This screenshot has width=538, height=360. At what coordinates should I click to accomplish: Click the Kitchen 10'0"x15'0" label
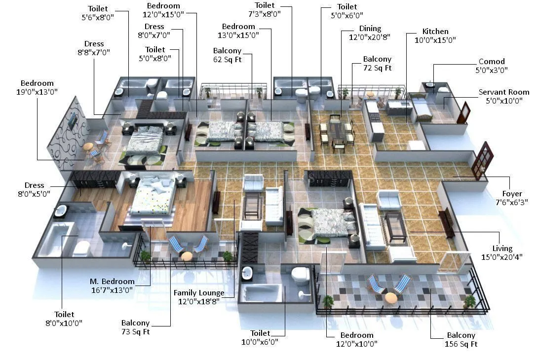pos(435,36)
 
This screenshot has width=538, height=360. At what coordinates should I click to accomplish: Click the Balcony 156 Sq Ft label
pos(461,339)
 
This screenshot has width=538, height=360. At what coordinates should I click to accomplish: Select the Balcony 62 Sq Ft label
pos(227,55)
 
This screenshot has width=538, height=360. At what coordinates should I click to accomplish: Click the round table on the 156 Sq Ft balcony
pos(390,297)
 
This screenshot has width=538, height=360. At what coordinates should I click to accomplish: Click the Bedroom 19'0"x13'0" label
pos(37,87)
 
